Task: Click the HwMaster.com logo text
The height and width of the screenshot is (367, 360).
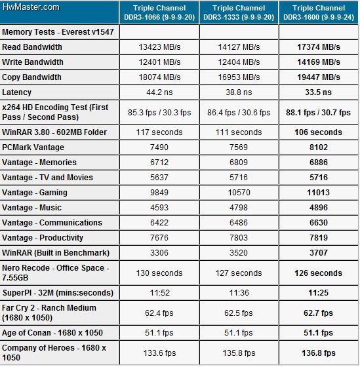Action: tap(31, 7)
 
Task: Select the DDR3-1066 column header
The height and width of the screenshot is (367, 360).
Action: tap(159, 12)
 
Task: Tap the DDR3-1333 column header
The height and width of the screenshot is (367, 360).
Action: tap(239, 12)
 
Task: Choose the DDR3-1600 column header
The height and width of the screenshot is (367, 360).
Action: tap(319, 12)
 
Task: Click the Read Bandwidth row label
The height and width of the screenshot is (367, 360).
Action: tap(32, 47)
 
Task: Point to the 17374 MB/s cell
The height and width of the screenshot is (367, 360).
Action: tap(319, 47)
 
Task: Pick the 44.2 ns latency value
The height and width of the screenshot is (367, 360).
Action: tap(159, 92)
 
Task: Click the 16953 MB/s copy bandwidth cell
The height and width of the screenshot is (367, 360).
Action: tap(239, 77)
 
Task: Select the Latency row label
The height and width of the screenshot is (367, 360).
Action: tap(16, 92)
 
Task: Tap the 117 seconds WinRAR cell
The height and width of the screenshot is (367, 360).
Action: tap(159, 132)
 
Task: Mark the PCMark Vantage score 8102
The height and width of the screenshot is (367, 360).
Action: tap(319, 147)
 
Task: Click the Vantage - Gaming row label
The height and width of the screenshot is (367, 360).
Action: tap(35, 193)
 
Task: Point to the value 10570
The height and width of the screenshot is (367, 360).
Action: tap(239, 193)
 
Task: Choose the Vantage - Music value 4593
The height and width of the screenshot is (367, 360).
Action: tap(159, 208)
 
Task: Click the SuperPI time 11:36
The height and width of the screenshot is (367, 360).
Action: tap(239, 293)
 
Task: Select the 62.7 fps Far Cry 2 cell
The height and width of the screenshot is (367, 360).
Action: tap(318, 313)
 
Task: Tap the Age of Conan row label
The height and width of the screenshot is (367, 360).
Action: tap(52, 333)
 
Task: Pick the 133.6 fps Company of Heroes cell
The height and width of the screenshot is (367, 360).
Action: tap(159, 353)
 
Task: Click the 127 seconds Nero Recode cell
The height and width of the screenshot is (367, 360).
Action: tap(239, 273)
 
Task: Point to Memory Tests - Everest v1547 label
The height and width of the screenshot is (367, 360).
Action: tap(58, 32)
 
